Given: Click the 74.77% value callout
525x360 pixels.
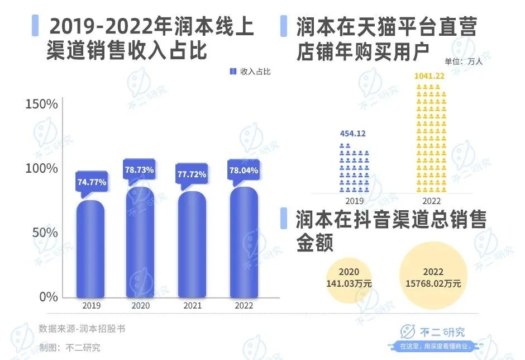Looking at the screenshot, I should click(92, 182).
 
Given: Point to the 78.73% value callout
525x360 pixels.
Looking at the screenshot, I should click(139, 168).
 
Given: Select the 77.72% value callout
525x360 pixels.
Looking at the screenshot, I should click(192, 174).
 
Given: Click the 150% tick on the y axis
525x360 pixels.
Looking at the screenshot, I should click(41, 105).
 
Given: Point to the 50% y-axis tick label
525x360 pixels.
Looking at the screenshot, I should click(45, 233).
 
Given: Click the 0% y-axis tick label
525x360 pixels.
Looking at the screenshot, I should click(48, 296).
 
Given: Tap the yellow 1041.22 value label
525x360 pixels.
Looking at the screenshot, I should click(429, 75).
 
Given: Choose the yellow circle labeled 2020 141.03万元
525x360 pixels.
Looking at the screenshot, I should click(349, 278).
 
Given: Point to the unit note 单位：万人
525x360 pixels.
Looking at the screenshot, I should click(464, 62).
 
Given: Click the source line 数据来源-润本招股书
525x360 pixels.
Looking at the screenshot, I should click(82, 329).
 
